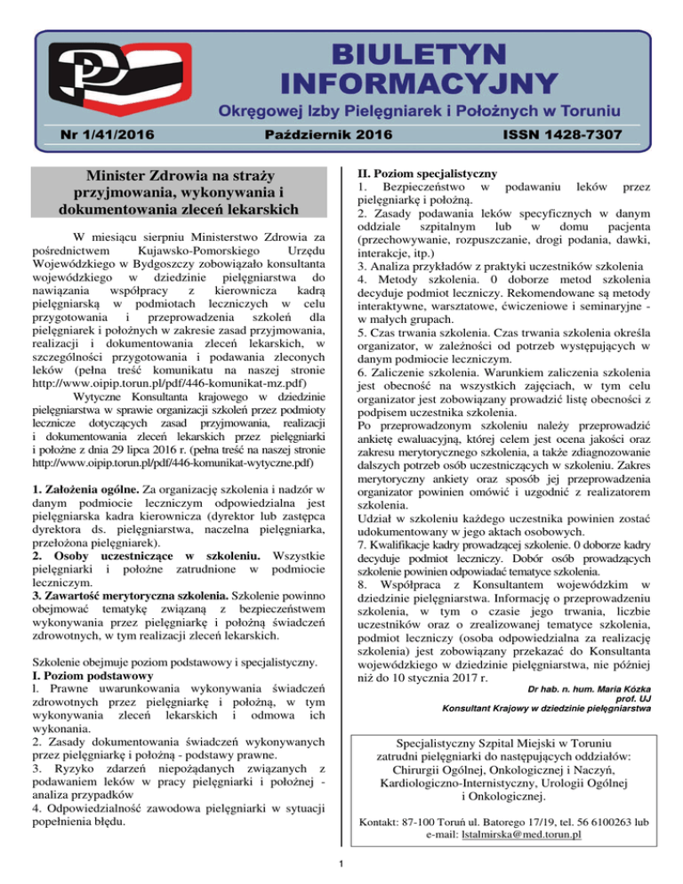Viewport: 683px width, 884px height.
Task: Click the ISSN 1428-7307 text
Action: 567,134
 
